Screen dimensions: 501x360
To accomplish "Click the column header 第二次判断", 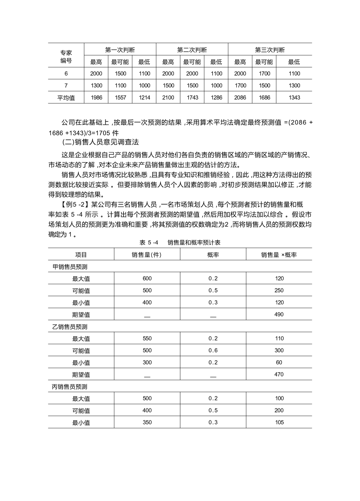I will coord(192,50).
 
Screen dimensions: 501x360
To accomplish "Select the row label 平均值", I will coord(66,98).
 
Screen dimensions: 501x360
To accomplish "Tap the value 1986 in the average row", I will coord(96,98).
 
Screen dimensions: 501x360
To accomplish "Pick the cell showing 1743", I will coord(192,98).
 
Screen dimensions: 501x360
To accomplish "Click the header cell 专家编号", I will coord(66,56).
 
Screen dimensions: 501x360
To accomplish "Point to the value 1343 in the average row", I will coord(294,98).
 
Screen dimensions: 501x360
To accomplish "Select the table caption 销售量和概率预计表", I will coord(194,243).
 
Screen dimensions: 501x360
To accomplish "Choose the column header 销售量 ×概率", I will coord(279,255).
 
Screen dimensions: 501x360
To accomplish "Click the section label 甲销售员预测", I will coord(70,266).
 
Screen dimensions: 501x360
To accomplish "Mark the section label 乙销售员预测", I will coord(70,326).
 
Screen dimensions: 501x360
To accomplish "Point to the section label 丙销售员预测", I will coord(70,386).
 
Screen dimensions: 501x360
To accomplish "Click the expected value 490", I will coord(279,314).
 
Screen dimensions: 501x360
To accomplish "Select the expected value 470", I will coord(279,374).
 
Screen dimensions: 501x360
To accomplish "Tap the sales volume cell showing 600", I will coord(147,278).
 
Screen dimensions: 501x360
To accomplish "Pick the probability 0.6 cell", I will coord(213,350).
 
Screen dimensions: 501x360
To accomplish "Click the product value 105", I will coord(279,422).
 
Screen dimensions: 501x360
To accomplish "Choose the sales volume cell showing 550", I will coord(147,338).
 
